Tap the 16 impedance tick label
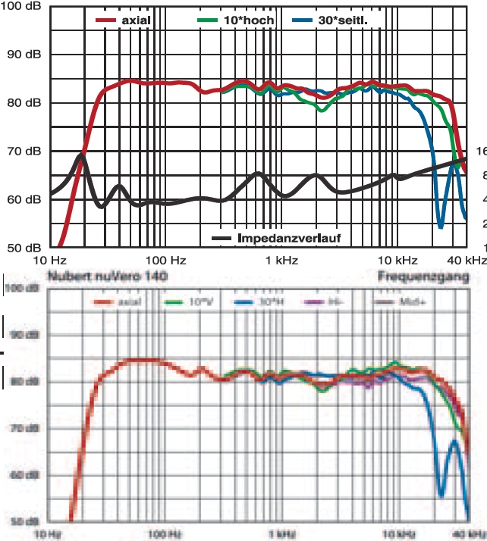[x=481, y=151]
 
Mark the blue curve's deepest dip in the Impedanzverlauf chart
[x=441, y=226]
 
